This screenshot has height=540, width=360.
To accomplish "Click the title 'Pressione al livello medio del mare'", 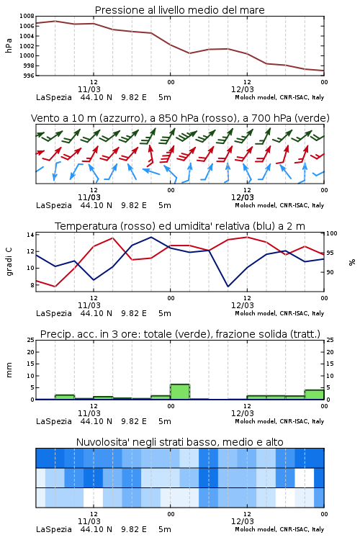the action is tap(179, 10).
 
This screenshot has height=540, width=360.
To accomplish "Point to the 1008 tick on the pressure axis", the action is tap(27, 16).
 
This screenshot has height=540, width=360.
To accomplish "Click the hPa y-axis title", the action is tap(9, 45).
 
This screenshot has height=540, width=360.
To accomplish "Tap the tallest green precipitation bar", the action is tap(180, 392).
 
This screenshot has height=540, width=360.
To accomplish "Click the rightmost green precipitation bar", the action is tap(314, 395).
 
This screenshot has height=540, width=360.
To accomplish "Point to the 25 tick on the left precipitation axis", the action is tap(31, 340).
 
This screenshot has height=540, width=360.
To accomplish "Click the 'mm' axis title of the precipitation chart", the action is tap(9, 369).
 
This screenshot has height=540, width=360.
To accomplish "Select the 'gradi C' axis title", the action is tap(9, 261).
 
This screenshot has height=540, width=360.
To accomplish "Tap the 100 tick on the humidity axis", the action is tap(332, 233).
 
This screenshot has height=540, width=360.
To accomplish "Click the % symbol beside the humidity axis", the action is tap(352, 262).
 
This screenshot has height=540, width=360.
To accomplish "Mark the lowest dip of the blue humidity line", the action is tap(228, 286).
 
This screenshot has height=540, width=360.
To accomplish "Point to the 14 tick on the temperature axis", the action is tap(30, 235).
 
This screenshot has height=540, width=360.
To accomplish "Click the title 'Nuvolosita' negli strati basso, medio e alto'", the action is tap(179, 442).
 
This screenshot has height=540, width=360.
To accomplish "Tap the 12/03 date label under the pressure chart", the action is tap(242, 89).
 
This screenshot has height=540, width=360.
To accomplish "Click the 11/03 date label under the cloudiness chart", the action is tap(89, 521).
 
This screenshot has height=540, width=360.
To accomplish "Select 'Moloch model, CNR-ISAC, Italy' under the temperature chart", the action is tap(279, 313).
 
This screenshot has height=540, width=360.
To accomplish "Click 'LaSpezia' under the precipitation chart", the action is tap(54, 421).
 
